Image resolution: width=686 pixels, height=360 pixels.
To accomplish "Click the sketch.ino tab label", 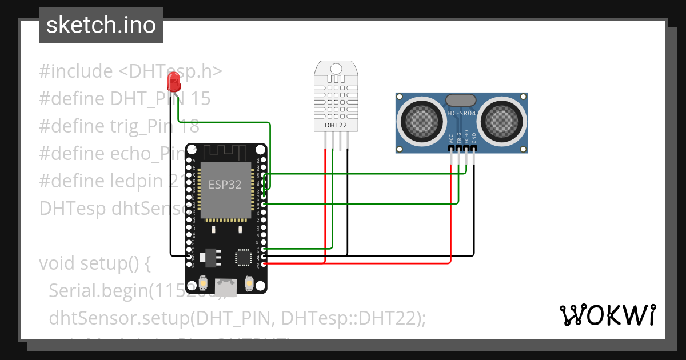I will pos(101,25).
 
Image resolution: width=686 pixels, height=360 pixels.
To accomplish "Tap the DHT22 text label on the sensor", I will pos(336,125).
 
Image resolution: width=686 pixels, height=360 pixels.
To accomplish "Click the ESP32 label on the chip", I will pos(225,185).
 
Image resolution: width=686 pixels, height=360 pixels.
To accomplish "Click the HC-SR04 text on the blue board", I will pos(461,113).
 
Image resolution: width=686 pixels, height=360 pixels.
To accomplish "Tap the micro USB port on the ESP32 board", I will pos(226,285).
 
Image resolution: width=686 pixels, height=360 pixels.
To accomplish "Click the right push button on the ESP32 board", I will pos(249,282).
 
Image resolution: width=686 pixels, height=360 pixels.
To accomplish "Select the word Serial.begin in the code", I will pos(98,290).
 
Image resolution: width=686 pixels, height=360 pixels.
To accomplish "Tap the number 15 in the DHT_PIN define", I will pos(200,99).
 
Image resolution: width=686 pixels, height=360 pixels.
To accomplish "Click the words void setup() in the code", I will pos(94,263).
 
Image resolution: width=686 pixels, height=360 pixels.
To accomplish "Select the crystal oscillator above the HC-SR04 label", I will pos(461,99).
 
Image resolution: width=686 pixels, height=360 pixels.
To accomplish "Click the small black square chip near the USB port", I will pos(244,257).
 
